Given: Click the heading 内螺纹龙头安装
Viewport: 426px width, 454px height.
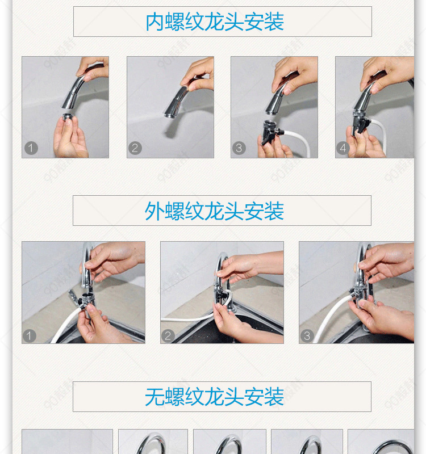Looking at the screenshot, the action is [x=215, y=22].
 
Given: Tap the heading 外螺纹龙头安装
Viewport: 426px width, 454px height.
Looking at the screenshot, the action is [x=214, y=211].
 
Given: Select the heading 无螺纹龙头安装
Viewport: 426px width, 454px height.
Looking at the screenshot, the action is [x=214, y=397].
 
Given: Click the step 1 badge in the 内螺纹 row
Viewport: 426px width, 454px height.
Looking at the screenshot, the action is [x=31, y=148].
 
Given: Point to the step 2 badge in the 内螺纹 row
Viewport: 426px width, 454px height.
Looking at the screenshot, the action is [x=135, y=148].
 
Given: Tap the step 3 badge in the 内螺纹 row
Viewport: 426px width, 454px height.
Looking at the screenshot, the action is [x=239, y=148].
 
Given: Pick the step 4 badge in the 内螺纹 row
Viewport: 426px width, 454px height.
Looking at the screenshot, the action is [x=343, y=148].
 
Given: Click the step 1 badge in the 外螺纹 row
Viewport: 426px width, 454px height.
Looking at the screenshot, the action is [x=29, y=336].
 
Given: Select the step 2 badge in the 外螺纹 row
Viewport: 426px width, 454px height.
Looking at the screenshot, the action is [x=168, y=336].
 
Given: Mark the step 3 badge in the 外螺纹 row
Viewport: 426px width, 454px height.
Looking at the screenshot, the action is [x=307, y=336].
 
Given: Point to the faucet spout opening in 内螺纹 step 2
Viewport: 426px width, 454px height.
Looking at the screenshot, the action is [x=168, y=115].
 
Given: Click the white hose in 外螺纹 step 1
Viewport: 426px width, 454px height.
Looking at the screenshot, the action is [x=66, y=324].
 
